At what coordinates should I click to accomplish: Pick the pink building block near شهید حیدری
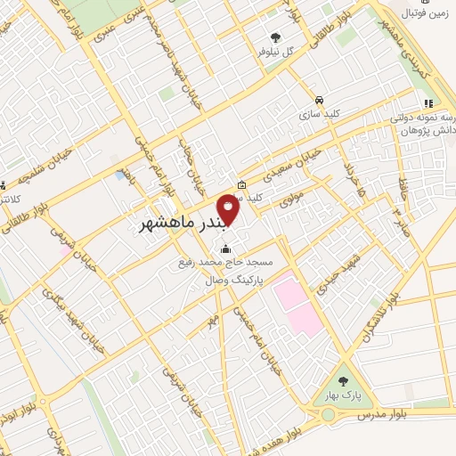(296, 302)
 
